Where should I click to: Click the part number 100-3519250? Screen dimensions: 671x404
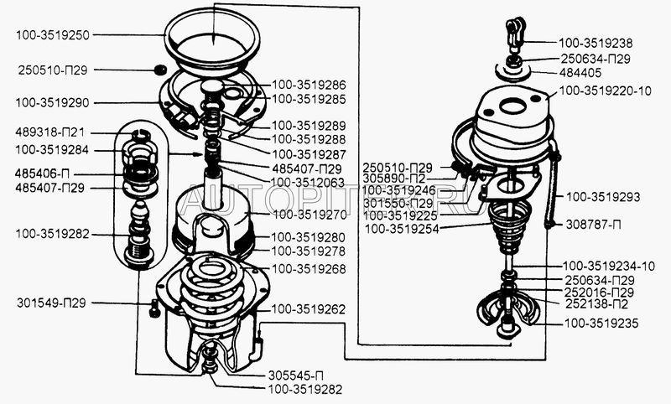pos(53,35)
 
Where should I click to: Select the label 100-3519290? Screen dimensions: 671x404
pos(52,103)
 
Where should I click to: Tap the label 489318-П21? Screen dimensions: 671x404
pos(49,132)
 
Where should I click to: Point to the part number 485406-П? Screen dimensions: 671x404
pos(42,174)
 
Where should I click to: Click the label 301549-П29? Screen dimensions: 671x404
pos(51,303)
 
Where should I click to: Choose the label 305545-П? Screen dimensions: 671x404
pos(296,376)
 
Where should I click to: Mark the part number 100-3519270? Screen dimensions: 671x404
pos(309,215)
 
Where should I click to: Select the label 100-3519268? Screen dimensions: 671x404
pos(309,269)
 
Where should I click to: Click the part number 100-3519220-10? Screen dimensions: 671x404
pos(605,91)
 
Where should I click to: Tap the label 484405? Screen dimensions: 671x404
pos(580,73)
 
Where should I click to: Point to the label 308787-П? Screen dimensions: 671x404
pos(593,225)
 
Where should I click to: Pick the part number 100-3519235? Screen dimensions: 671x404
pos(601,324)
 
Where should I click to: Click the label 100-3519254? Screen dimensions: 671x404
pos(402,229)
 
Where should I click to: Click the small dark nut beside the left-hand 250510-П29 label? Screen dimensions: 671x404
pos(159,70)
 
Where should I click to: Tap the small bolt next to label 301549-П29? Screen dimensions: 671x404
pos(154,308)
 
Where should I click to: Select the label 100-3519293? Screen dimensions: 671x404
pos(603,197)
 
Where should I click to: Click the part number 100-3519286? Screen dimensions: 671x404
pos(309,85)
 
